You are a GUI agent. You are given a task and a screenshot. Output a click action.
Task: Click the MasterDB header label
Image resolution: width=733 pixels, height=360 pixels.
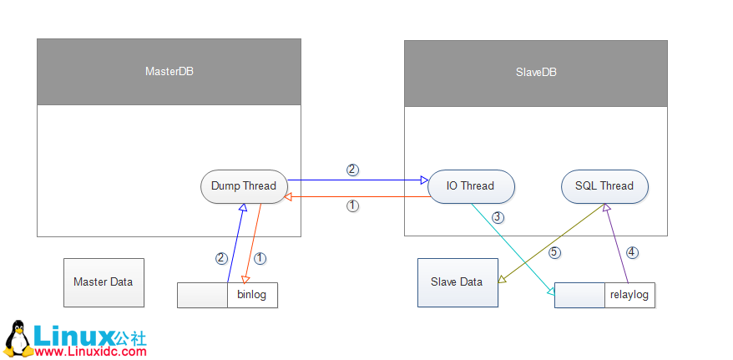pos(169,72)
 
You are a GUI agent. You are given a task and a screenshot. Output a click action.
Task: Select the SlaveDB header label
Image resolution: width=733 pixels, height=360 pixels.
pos(536,73)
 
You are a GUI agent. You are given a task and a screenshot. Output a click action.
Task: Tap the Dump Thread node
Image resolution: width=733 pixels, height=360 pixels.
pos(244,186)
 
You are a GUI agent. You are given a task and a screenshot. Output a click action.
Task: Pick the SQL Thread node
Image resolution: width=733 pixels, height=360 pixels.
pos(604,186)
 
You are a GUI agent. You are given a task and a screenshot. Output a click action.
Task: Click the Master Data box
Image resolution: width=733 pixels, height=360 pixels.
pos(104,282)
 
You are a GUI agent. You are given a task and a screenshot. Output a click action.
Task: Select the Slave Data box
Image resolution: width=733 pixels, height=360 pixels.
pos(457,282)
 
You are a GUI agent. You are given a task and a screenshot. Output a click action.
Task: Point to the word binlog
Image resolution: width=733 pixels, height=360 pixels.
pos(252,295)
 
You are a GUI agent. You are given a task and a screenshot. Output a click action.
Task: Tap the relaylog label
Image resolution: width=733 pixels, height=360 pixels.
pos(629,295)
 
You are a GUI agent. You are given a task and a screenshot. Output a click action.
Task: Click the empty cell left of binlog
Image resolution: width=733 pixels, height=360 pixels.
pos(202,295)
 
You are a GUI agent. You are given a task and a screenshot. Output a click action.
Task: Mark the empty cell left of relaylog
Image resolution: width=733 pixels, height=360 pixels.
pos(579,295)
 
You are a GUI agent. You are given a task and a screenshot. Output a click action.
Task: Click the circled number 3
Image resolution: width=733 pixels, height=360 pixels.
pos(498,218)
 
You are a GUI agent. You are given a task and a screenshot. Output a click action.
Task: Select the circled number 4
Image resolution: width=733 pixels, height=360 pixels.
pos(632,251)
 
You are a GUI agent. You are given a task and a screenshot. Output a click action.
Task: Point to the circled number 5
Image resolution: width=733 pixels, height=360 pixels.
pos(554,251)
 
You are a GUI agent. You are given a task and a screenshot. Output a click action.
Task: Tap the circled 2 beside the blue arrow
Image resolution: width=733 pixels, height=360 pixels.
pos(221,258)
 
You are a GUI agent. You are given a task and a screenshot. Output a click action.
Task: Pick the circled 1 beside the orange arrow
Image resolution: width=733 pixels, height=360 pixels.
pos(260,258)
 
